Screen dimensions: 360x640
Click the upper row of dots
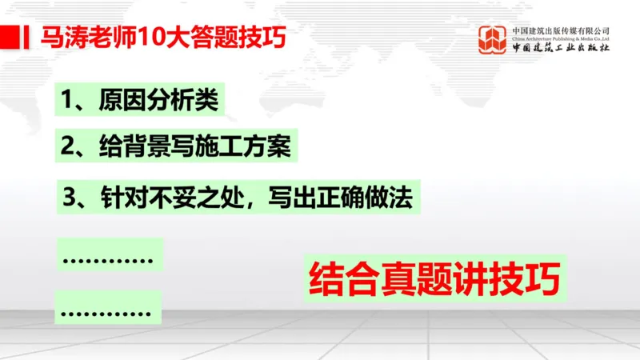pyautogui.click(x=108, y=259)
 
